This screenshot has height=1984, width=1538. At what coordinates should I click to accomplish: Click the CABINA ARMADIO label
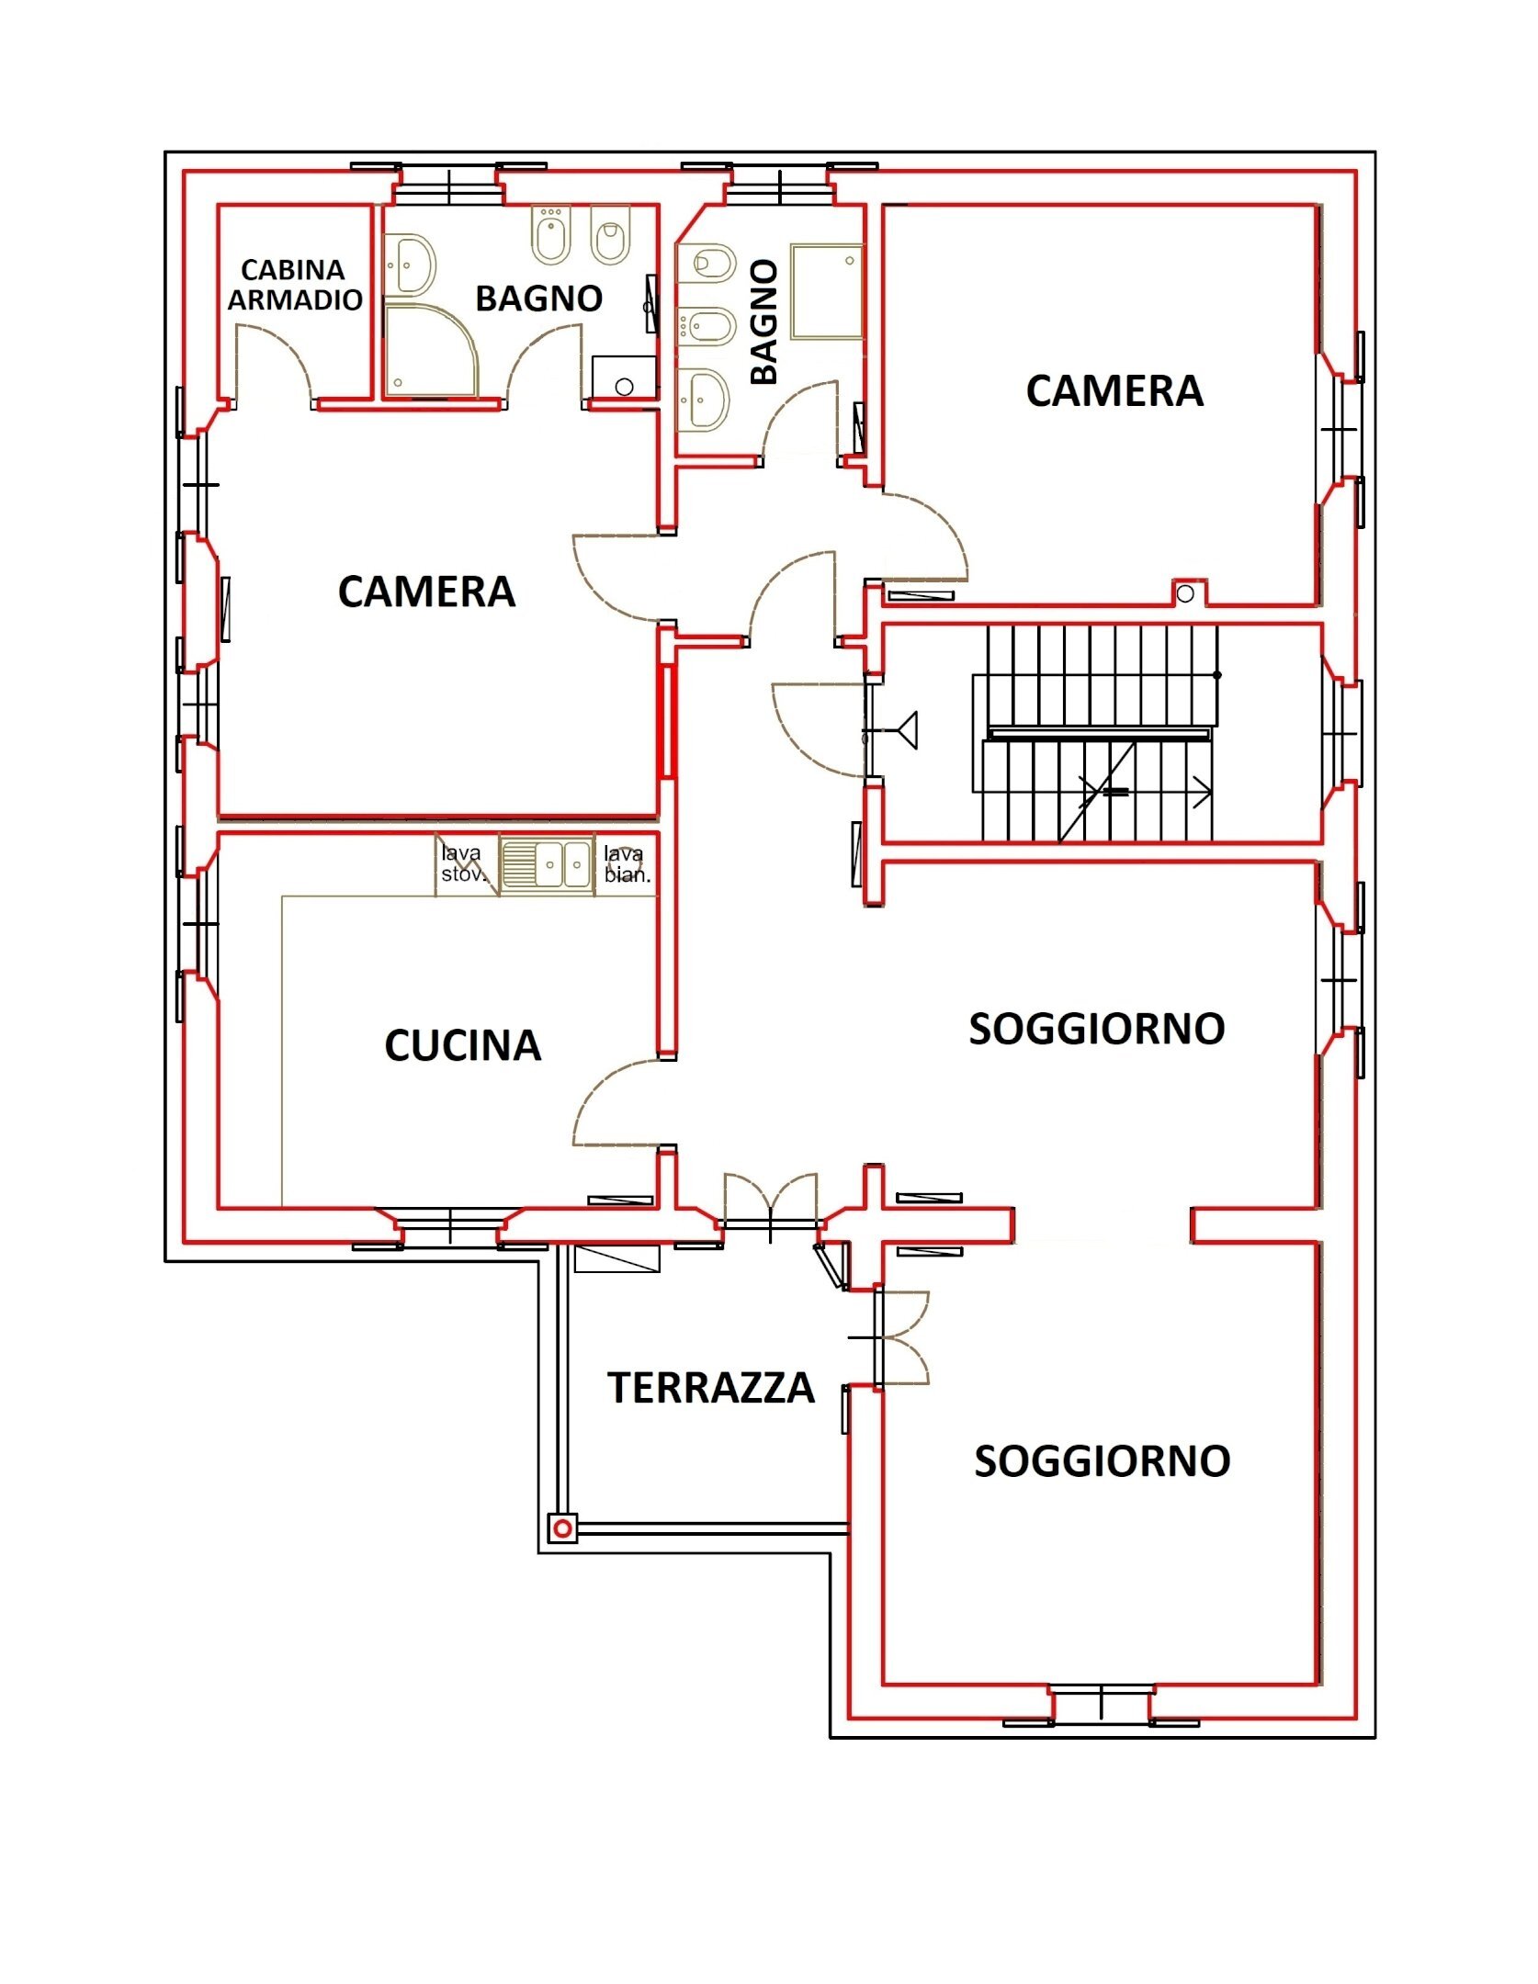coord(294,284)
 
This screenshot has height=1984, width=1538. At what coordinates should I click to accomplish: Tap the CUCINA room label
coord(462,1045)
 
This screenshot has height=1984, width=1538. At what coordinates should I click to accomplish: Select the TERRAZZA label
coord(710,1387)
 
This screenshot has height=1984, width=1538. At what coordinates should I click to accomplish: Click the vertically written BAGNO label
coord(763,321)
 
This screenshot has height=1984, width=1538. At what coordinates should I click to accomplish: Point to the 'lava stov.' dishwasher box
coord(464,865)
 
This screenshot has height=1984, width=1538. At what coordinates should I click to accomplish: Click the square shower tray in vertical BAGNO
coord(827,291)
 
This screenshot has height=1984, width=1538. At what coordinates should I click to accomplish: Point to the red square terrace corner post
coord(563,1528)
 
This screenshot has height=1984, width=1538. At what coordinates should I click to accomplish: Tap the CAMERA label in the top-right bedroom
coord(1114,391)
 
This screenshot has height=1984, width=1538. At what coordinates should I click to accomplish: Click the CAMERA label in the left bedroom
coord(426,592)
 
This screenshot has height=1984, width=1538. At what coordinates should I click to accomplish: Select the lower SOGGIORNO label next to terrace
coord(1102,1461)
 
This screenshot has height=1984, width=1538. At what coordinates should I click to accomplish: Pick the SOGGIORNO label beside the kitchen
coord(1097,1028)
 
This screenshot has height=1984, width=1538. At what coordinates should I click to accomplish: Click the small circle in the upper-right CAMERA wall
coord(1185,594)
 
